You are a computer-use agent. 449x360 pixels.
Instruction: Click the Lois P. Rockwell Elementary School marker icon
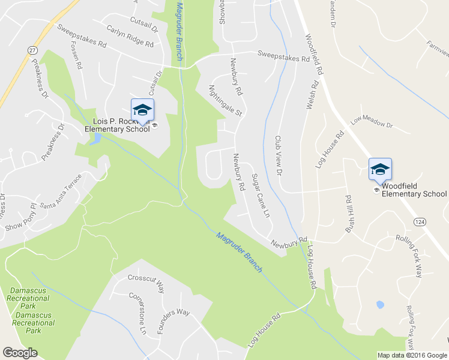[142, 110]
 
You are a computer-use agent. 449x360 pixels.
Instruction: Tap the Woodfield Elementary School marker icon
[380, 169]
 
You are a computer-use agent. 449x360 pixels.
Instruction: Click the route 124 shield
[419, 222]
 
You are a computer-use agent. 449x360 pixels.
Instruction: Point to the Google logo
[20, 353]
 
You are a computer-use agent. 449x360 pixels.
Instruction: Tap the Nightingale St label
[224, 100]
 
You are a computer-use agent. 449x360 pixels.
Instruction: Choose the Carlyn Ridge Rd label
[130, 37]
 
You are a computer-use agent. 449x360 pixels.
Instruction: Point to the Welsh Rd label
[310, 96]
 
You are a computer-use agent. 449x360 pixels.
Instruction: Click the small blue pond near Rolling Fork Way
[379, 305]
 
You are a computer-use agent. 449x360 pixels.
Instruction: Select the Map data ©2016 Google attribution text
[411, 355]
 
